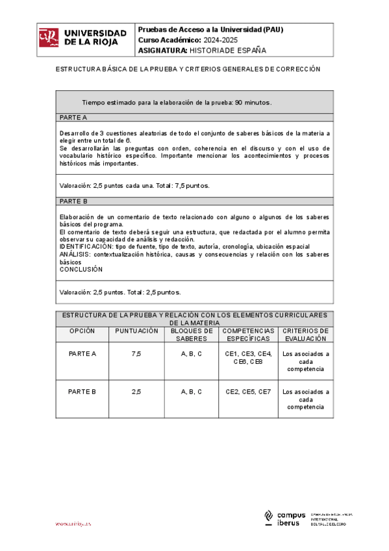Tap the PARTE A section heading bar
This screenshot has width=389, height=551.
(x=195, y=118)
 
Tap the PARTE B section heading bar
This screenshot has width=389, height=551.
(x=195, y=201)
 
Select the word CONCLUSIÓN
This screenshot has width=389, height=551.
(x=81, y=269)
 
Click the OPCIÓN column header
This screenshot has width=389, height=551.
(x=82, y=331)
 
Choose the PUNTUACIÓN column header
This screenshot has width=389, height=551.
(x=136, y=331)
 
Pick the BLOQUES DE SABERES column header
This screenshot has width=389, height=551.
(x=191, y=335)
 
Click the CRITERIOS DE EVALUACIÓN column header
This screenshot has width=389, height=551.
(x=305, y=335)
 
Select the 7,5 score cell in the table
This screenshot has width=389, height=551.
(x=136, y=354)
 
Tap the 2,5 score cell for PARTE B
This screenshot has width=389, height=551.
(x=136, y=392)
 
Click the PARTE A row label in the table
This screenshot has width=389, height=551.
(x=82, y=354)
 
